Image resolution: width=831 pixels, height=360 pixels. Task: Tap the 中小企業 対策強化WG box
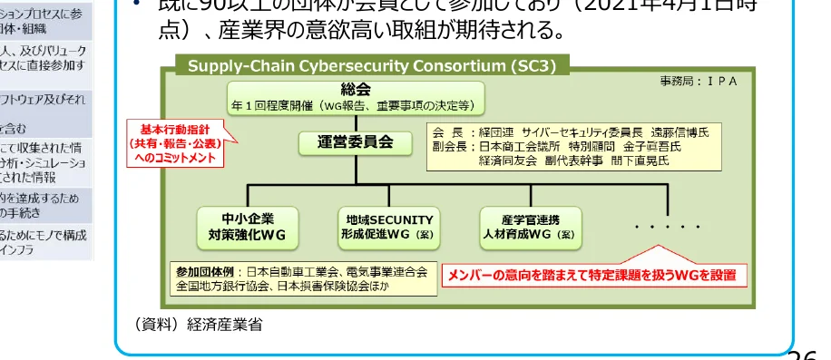(248, 227)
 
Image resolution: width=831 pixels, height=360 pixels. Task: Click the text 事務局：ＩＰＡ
(699, 81)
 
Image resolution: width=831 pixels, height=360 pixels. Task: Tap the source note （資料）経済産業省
(198, 324)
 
